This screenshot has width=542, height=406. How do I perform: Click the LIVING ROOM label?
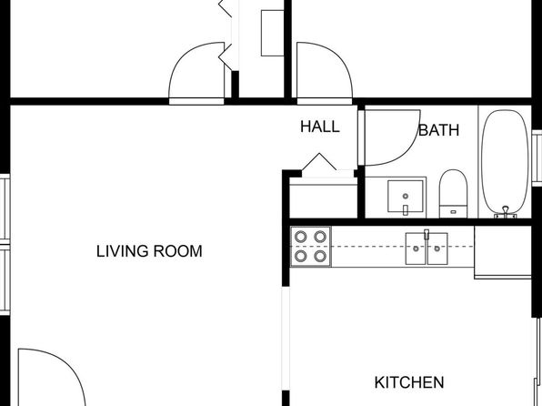(x=149, y=251)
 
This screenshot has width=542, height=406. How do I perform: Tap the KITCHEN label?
(x=409, y=382)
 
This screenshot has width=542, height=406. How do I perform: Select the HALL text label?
(x=320, y=127)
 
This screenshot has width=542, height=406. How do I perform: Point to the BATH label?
(x=439, y=130)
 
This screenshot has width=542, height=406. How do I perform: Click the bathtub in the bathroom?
(x=506, y=162)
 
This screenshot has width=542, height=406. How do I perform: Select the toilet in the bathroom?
(x=453, y=194)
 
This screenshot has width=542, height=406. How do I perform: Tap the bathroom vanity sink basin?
(x=405, y=196)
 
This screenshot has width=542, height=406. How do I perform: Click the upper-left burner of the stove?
(x=301, y=237)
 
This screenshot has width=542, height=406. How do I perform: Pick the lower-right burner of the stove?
(x=320, y=256)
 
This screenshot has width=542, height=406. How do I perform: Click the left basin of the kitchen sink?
(x=416, y=249)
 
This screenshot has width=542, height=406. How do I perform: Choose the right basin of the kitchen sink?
(x=437, y=249)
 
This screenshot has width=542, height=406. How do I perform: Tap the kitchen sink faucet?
(x=427, y=234)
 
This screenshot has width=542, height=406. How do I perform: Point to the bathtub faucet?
(x=506, y=211)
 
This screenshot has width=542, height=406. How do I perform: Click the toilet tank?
(x=453, y=211)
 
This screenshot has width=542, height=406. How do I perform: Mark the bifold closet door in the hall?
(x=319, y=162)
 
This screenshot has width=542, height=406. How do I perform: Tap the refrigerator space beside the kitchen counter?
(x=503, y=251)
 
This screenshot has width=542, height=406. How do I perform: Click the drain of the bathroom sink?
(x=406, y=197)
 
